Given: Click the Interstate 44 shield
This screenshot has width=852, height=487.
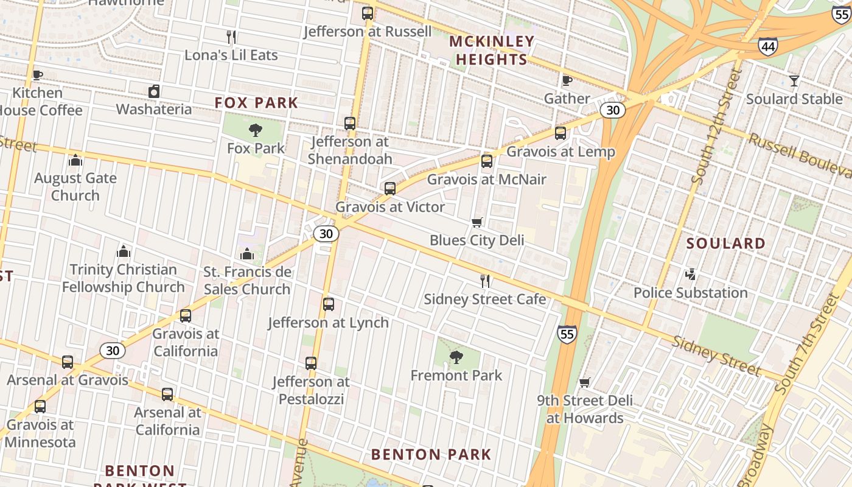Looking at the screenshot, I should [767, 46].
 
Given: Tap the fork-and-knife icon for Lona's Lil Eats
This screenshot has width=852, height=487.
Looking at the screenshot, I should [231, 37].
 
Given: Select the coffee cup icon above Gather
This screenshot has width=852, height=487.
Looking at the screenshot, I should [567, 80].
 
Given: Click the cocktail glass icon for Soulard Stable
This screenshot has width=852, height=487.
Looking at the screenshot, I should [794, 80].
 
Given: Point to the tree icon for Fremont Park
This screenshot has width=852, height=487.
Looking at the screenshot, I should [456, 357].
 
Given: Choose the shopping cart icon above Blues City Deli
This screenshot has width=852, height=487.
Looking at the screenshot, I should [477, 222].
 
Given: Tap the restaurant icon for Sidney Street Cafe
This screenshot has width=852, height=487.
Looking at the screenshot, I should [485, 281].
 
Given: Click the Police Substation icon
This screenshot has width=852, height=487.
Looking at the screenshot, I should [690, 275].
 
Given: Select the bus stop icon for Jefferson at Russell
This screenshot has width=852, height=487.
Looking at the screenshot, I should [367, 13].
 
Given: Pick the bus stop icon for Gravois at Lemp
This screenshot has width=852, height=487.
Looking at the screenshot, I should [560, 133].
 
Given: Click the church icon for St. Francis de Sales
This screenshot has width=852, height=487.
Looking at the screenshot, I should [247, 254].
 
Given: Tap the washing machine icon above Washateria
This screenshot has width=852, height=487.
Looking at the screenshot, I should [154, 91].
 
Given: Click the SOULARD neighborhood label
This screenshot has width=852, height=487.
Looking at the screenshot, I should [726, 243].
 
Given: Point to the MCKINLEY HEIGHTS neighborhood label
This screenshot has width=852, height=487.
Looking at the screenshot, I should [492, 51].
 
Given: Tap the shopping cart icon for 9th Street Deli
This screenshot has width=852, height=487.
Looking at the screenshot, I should [585, 382].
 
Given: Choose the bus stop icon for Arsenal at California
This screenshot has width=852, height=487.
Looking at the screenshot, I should [167, 394].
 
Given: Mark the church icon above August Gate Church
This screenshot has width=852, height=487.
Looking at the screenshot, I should [75, 160].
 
